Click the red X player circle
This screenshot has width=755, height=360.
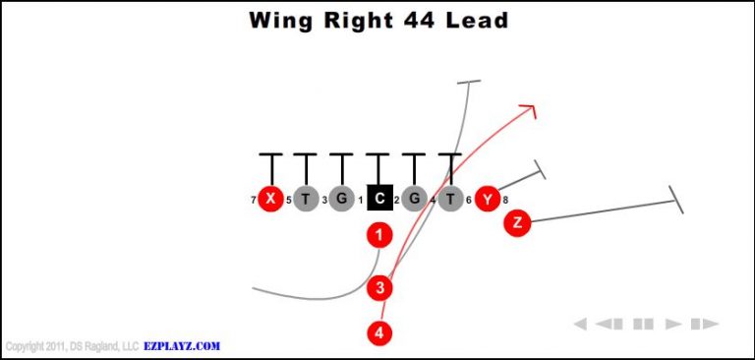click(270, 199)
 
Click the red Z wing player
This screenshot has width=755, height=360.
click(517, 223)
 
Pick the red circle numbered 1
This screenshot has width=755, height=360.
click(379, 235)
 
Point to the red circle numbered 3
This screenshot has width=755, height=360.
click(379, 288)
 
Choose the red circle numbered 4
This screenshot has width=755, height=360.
click(379, 332)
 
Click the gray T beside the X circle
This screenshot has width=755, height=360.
click(306, 199)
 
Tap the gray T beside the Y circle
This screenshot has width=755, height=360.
click(451, 199)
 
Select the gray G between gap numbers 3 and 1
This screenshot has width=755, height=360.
click(342, 199)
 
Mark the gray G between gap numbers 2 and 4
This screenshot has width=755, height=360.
click(415, 199)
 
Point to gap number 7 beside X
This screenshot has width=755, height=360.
click(254, 201)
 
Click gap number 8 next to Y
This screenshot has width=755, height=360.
click(505, 201)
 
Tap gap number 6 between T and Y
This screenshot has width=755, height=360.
click(469, 201)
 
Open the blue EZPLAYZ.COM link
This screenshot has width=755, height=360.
click(183, 346)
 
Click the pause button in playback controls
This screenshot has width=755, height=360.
click(644, 324)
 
